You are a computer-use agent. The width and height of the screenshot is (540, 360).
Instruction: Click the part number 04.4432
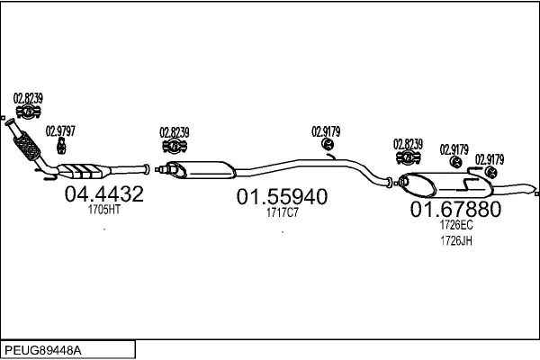(104, 193)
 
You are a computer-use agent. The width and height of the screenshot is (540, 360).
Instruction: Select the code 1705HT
(103, 210)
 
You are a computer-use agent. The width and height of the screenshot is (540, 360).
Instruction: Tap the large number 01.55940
(282, 197)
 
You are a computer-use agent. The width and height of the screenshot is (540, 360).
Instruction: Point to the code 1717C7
(282, 214)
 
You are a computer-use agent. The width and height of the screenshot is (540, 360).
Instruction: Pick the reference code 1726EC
(455, 228)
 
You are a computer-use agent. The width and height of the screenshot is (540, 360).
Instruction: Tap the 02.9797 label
(61, 130)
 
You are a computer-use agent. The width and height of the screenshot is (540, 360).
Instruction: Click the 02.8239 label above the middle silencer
(175, 131)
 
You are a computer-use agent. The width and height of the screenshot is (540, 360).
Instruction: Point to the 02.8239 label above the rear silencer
(408, 143)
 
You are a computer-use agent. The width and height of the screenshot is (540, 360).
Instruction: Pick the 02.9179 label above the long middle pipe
(326, 130)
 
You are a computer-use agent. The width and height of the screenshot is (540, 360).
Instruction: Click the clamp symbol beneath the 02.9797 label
(62, 145)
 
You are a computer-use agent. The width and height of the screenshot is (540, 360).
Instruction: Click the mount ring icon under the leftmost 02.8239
(28, 112)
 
